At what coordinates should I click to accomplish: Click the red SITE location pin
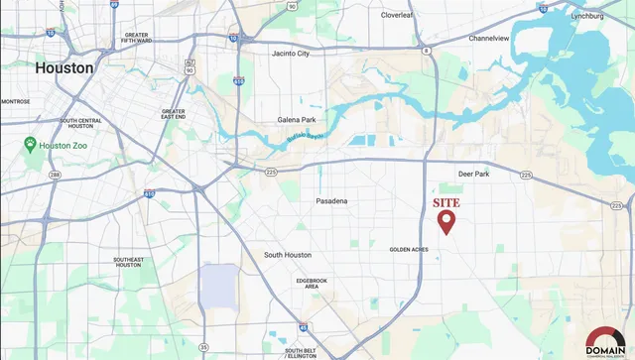tap(446, 221)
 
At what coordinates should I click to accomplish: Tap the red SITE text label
tap(447, 202)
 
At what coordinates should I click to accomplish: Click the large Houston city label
tap(63, 68)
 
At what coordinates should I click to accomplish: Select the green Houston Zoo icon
tap(31, 145)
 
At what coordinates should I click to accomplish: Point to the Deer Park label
tap(473, 174)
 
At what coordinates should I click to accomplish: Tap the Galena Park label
tap(297, 120)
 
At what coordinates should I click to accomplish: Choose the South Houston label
tap(289, 255)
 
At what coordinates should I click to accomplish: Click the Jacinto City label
tap(291, 54)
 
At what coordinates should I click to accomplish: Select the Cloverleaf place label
tap(402, 15)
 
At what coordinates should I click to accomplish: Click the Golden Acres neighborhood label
tap(408, 249)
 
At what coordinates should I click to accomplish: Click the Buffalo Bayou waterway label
tap(299, 137)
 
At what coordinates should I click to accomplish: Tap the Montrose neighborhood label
tap(15, 101)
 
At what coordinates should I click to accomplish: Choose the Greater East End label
tap(173, 114)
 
